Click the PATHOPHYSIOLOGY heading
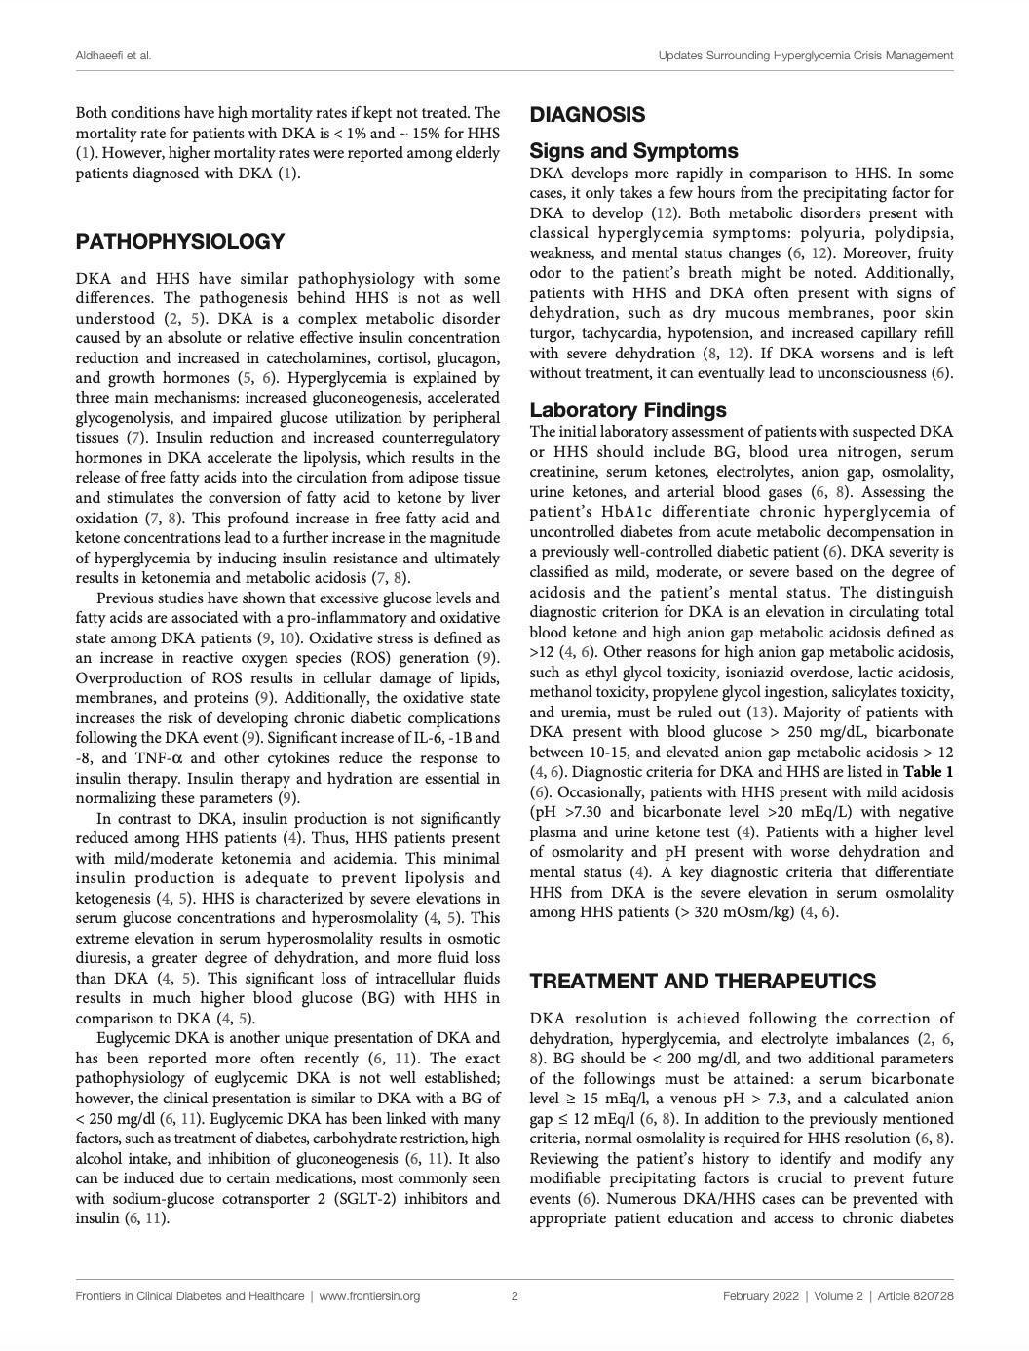coord(180,242)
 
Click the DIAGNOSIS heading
coord(587,115)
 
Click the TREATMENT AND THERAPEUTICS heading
coord(703,982)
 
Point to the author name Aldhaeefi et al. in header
coord(113,56)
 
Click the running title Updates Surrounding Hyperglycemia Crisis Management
coord(805,56)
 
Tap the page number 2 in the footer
coord(514,1296)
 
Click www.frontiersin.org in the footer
coord(369,1296)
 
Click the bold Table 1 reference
coord(928,772)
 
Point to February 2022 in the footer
coord(762,1296)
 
